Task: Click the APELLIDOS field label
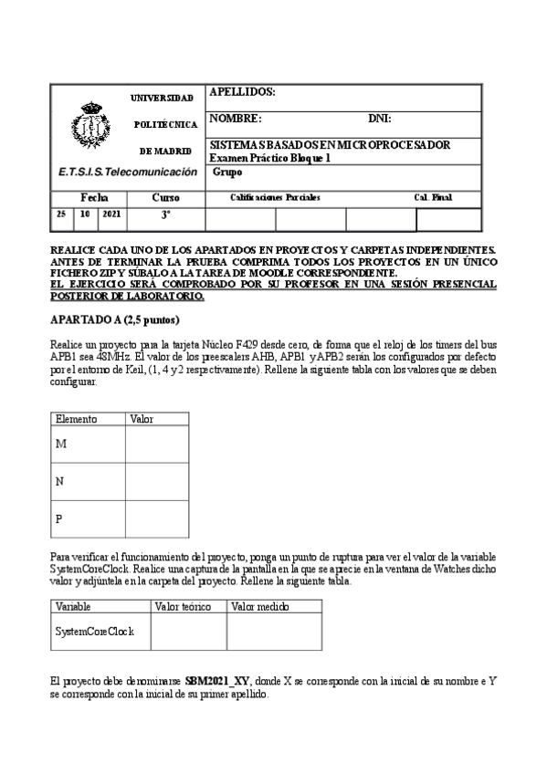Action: pos(242,92)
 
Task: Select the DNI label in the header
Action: pos(379,119)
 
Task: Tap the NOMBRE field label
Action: pos(236,119)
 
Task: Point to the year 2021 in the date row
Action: pos(111,214)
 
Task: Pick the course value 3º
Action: pos(165,215)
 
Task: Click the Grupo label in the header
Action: pos(227,172)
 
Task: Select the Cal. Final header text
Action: pos(433,197)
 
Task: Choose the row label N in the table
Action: pos(60,481)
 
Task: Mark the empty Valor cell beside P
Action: pos(156,518)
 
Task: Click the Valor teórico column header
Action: pos(184,606)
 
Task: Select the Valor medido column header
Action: pos(260,606)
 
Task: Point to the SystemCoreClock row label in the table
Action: pos(95,631)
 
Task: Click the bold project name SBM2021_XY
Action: pos(217,681)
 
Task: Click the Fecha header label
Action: pos(94,197)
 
